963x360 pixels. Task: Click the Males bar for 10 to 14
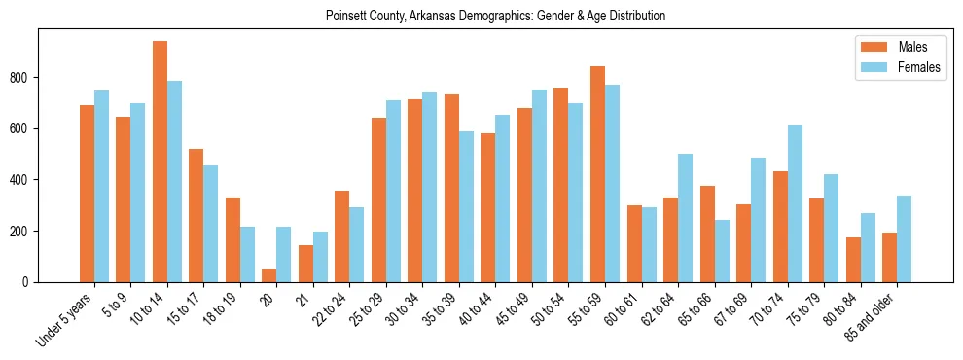(x=160, y=162)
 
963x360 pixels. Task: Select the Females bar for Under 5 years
(x=101, y=186)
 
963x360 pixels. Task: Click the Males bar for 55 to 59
(x=597, y=174)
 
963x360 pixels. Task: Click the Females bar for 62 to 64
(x=685, y=218)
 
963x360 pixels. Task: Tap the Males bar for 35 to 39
(x=451, y=188)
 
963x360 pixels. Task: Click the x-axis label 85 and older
(x=872, y=317)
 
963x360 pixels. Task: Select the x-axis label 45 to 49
(x=515, y=309)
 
